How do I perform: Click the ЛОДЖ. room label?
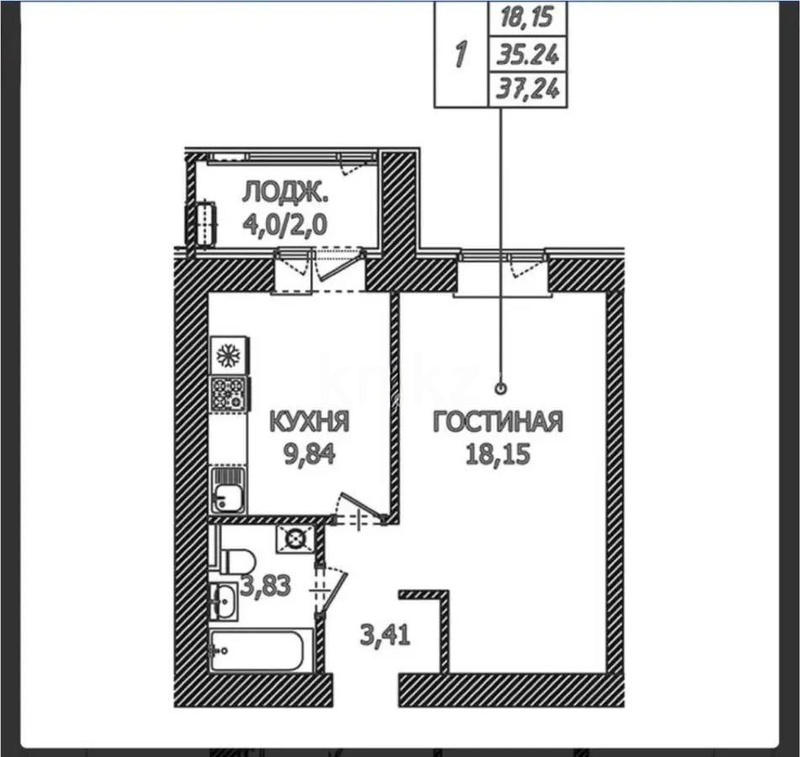(x=285, y=193)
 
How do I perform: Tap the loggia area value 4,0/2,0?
(x=284, y=225)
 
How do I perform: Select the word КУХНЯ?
(x=310, y=421)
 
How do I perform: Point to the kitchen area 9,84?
(x=310, y=454)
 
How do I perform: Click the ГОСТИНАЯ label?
(x=498, y=421)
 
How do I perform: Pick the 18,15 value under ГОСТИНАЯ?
(x=498, y=454)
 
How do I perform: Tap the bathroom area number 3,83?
(x=266, y=585)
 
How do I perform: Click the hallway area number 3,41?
(x=385, y=636)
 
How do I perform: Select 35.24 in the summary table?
(x=527, y=55)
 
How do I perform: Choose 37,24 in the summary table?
(x=527, y=90)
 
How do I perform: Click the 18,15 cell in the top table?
(x=527, y=19)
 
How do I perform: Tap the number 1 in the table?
(x=461, y=55)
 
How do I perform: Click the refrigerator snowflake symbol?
(x=228, y=356)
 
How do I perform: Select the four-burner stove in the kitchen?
(x=229, y=394)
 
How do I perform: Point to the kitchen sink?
(x=228, y=490)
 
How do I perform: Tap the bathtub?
(x=260, y=651)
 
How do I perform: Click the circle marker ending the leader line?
(x=501, y=389)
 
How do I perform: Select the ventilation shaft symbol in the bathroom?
(x=294, y=538)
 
